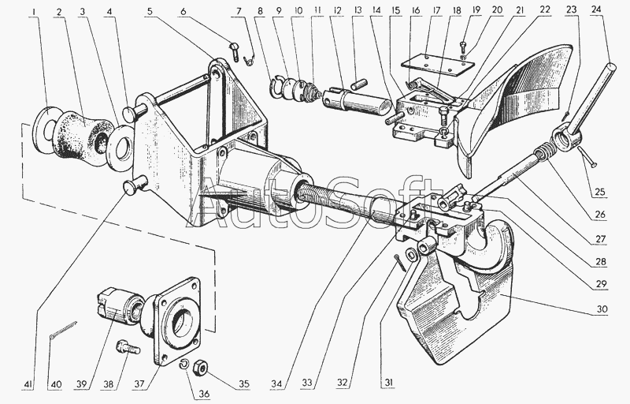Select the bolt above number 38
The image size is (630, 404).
(124, 346)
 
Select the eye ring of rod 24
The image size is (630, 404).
(566, 141)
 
